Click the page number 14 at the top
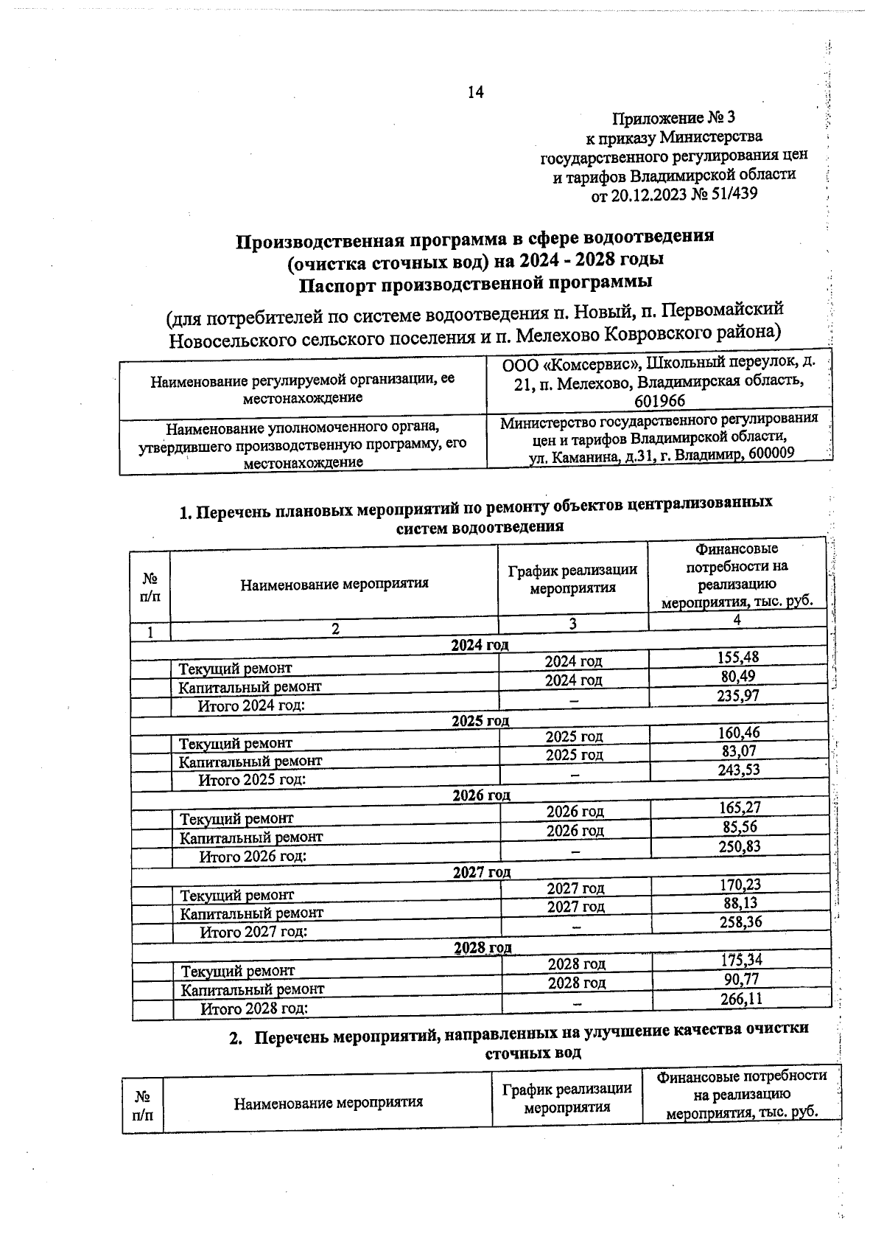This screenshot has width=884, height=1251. coord(474,92)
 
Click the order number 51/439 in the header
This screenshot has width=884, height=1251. coord(732,194)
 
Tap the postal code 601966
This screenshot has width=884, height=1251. coord(659,401)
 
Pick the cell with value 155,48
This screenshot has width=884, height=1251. coord(738,658)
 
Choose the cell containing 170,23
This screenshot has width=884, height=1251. coord(740,884)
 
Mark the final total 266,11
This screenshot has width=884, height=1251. coord(741,999)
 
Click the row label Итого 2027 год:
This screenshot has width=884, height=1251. coord(253,932)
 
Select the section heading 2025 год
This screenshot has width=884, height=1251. coord(480,720)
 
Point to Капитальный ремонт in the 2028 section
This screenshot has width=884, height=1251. coord(252,989)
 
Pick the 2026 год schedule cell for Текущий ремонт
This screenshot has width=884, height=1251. coord(575,812)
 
